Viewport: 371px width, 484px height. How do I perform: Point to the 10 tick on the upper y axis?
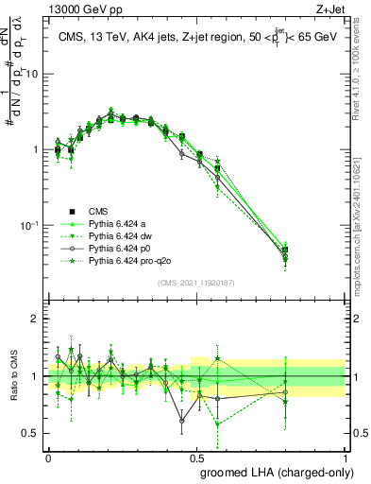coord(33,74)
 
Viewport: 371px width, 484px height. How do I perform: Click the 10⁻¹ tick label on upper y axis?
coord(30,225)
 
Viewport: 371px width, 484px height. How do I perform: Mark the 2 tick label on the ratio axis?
coord(37,319)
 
